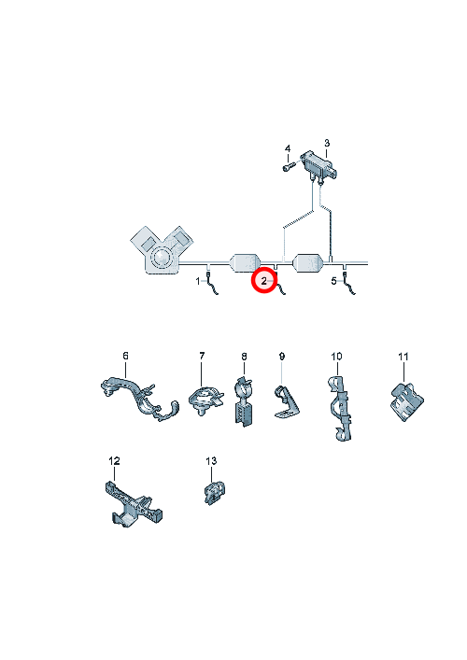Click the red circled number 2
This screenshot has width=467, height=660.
(263, 281)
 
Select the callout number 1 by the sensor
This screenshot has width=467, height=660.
(198, 281)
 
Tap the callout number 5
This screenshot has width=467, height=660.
(334, 281)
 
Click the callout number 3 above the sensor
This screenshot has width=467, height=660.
(327, 143)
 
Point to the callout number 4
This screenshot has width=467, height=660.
(288, 149)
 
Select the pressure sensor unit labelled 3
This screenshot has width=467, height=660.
(319, 166)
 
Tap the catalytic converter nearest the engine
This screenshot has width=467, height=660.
(245, 263)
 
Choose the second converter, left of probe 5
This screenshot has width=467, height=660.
(308, 263)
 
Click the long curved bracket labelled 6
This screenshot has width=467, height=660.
(139, 399)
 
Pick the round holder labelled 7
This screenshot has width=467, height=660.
(205, 400)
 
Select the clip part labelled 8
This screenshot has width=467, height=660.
(244, 402)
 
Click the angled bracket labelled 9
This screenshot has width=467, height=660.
(286, 402)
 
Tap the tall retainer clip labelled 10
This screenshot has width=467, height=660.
(340, 408)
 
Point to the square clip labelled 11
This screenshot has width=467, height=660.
(406, 401)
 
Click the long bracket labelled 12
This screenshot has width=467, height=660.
(133, 504)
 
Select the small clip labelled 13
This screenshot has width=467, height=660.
(214, 493)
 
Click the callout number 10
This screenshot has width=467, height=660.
(336, 357)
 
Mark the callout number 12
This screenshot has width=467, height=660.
(114, 461)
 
